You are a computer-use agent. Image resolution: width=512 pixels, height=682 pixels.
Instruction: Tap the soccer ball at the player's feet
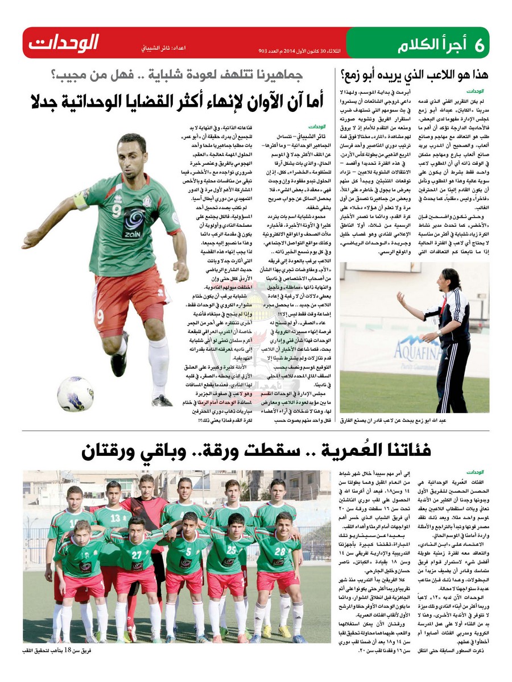click(76, 393)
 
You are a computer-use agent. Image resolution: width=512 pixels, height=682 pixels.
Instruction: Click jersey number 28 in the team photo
click(279, 551)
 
